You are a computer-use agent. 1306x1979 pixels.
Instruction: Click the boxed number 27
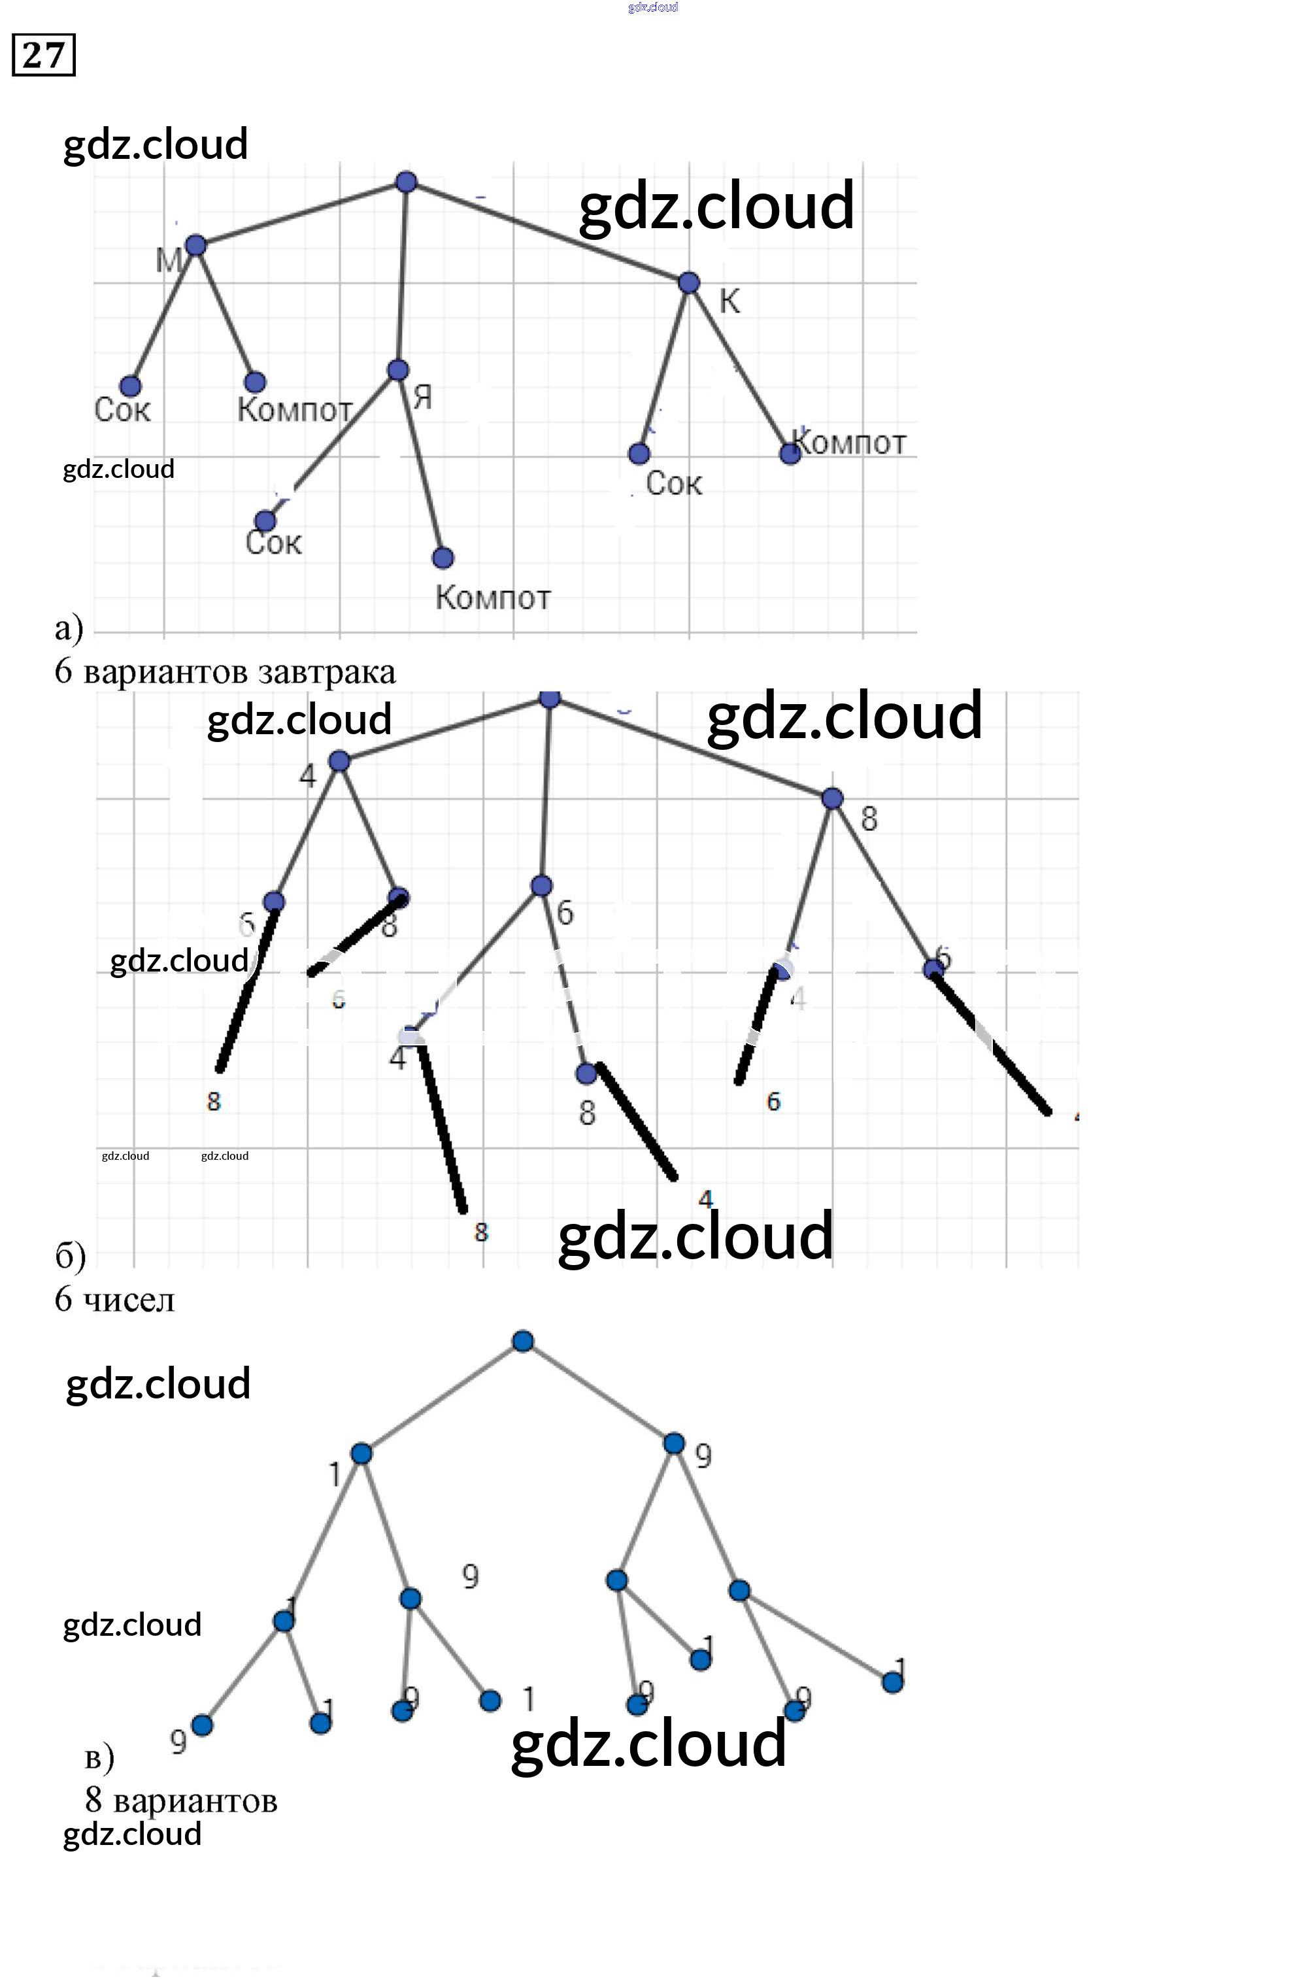coord(43,55)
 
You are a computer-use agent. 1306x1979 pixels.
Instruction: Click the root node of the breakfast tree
coord(406,182)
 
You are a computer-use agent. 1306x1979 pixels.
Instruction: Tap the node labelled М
coord(195,245)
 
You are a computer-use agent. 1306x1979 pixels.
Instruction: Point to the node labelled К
coord(689,282)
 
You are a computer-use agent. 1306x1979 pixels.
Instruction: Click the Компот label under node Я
coord(492,597)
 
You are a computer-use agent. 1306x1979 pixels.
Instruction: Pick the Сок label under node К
coord(673,483)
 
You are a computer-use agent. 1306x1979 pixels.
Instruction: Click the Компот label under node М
coord(295,410)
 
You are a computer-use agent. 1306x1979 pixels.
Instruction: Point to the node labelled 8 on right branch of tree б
coord(832,799)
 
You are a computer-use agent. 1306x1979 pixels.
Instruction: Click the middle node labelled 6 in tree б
coord(541,885)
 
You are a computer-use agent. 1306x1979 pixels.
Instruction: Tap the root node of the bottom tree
coord(523,1341)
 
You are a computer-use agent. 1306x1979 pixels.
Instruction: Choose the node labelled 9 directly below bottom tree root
coord(674,1443)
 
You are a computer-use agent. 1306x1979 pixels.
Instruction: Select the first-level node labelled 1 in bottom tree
coord(361,1453)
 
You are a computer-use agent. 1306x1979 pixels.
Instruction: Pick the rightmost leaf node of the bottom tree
coord(892,1682)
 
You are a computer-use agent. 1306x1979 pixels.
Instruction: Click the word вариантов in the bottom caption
coord(195,1801)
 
